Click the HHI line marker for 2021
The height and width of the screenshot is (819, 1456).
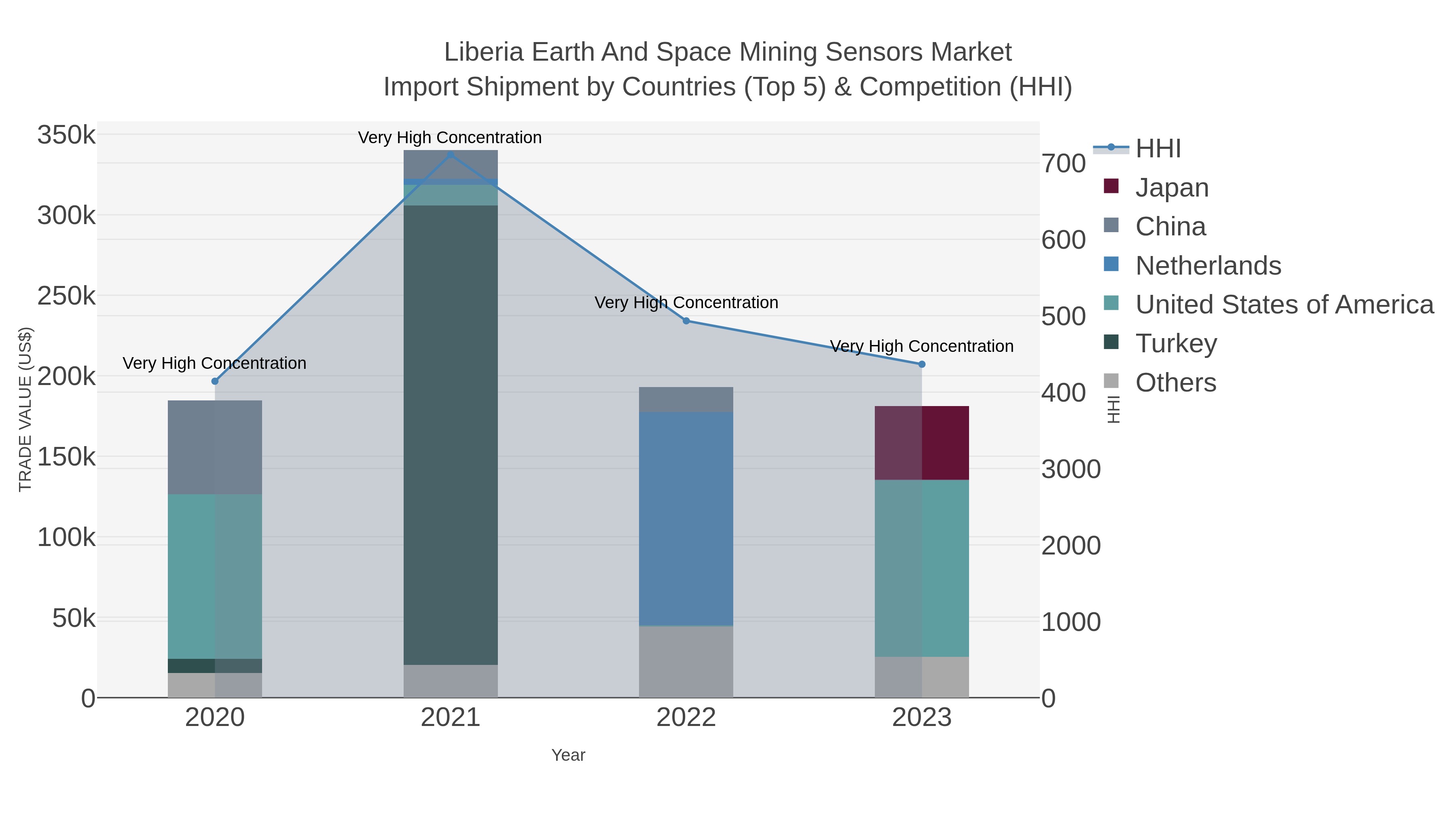pyautogui.click(x=451, y=154)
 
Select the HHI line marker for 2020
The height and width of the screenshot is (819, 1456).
pyautogui.click(x=215, y=381)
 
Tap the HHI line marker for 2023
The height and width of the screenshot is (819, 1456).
pyautogui.click(x=922, y=364)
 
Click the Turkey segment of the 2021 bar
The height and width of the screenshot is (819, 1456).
pyautogui.click(x=451, y=435)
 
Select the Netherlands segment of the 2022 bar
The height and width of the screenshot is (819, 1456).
pyautogui.click(x=686, y=518)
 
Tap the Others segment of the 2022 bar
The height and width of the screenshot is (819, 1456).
pyautogui.click(x=686, y=661)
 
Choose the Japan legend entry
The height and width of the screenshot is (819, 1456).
pyautogui.click(x=1171, y=188)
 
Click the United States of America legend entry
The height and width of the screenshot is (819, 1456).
pyautogui.click(x=1284, y=305)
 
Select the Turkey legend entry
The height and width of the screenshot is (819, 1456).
pyautogui.click(x=1176, y=344)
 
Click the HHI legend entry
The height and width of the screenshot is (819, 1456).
pyautogui.click(x=1158, y=149)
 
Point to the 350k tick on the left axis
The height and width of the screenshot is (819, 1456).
pyautogui.click(x=67, y=135)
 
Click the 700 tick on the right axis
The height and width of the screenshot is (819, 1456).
pyautogui.click(x=1064, y=164)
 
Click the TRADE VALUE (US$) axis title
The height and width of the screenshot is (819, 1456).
pyautogui.click(x=25, y=409)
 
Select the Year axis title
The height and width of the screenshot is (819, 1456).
pyautogui.click(x=568, y=755)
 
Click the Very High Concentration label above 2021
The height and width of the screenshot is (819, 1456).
pyautogui.click(x=450, y=138)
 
